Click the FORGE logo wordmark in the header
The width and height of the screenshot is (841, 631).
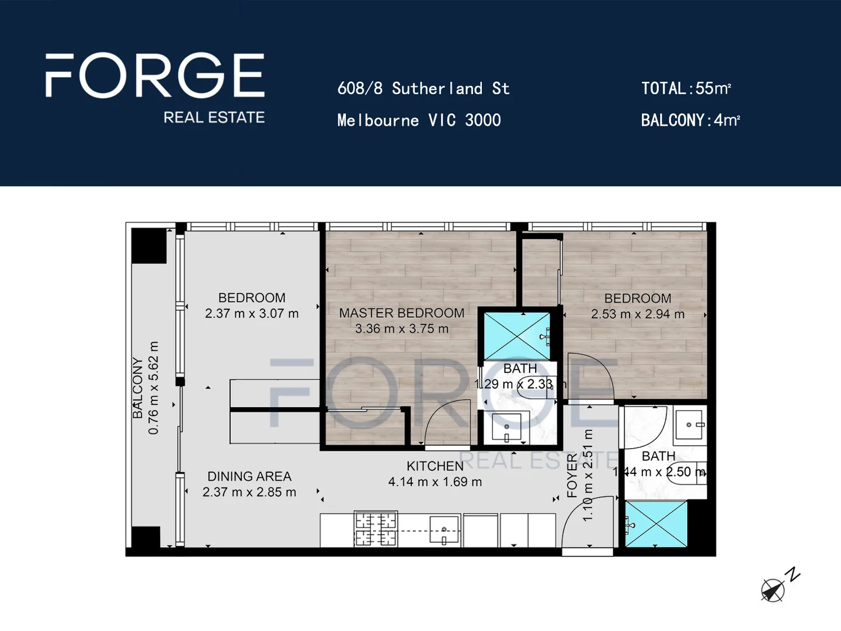point(155,75)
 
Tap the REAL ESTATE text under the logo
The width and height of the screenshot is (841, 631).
point(214,117)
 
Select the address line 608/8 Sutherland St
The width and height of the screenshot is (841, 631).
point(423,89)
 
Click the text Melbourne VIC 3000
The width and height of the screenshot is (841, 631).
point(419,120)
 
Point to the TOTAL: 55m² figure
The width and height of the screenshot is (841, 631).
point(686,89)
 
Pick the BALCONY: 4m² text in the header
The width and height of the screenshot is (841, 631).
point(690,120)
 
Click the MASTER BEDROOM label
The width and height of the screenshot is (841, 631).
point(402,313)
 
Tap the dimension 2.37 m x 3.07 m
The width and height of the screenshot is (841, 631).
point(252,314)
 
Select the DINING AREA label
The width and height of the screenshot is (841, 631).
point(249,477)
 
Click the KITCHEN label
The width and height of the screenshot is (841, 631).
point(435,466)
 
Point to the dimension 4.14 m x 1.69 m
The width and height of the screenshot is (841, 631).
point(435,482)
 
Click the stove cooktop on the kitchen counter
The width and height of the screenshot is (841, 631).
point(376,529)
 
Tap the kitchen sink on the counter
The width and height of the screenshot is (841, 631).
point(444,530)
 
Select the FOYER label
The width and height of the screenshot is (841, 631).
point(572,476)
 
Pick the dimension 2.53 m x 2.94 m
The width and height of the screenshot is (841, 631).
point(638,314)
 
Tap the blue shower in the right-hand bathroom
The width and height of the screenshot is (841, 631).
point(656,523)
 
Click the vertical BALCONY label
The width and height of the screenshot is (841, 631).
point(138,388)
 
